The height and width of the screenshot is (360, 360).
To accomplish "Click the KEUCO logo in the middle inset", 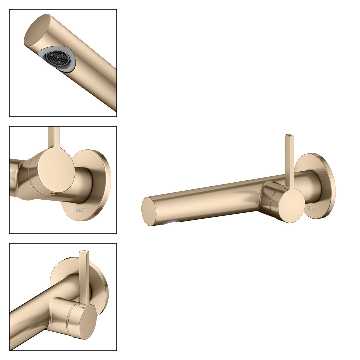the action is [80, 210].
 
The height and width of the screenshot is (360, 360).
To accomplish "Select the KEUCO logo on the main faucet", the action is [312, 209].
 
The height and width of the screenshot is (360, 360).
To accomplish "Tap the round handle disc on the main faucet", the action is [291, 205].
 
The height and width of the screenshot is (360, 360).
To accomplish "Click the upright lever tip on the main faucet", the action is [290, 136].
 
